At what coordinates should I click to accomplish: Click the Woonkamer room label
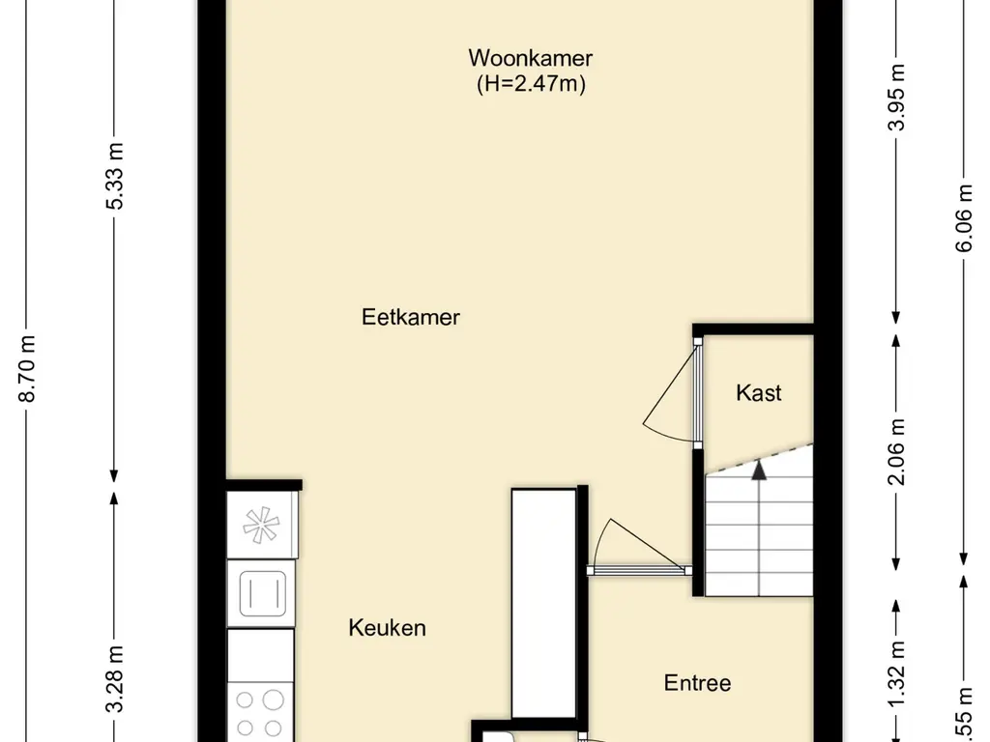pyautogui.click(x=531, y=58)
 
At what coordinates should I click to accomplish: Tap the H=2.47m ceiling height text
pyautogui.click(x=531, y=83)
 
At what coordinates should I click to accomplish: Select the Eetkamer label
pyautogui.click(x=410, y=317)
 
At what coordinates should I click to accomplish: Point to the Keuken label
pyautogui.click(x=387, y=628)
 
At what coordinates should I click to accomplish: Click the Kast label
pyautogui.click(x=758, y=393)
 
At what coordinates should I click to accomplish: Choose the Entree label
pyautogui.click(x=697, y=683)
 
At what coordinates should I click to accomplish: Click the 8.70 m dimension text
pyautogui.click(x=28, y=368)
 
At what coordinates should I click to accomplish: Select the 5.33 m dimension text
pyautogui.click(x=115, y=176)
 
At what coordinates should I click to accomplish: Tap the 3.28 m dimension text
pyautogui.click(x=115, y=679)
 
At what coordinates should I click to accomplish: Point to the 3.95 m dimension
pyautogui.click(x=896, y=98)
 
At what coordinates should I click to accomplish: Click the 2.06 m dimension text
pyautogui.click(x=896, y=452)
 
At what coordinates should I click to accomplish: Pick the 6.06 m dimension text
pyautogui.click(x=964, y=218)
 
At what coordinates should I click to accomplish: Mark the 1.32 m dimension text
pyautogui.click(x=896, y=673)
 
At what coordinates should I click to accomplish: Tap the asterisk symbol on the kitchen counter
pyautogui.click(x=261, y=525)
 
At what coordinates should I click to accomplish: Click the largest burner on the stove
pyautogui.click(x=273, y=699)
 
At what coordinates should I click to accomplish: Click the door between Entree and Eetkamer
pyautogui.click(x=639, y=571)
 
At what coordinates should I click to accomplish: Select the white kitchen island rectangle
pyautogui.click(x=544, y=603)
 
